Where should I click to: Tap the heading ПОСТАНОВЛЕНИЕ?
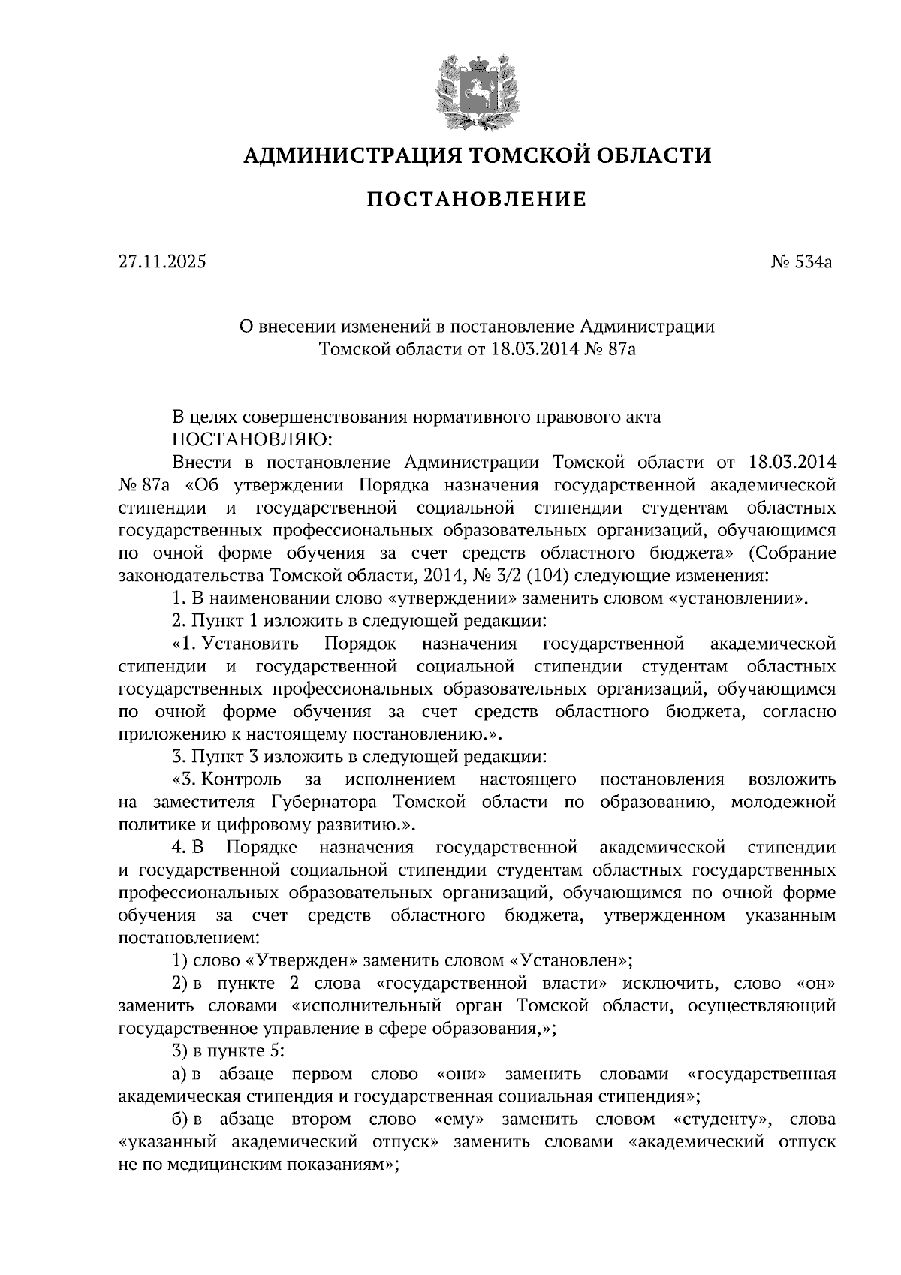[x=476, y=200]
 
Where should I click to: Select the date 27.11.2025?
[x=161, y=262]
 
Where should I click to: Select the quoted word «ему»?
[x=459, y=1120]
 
